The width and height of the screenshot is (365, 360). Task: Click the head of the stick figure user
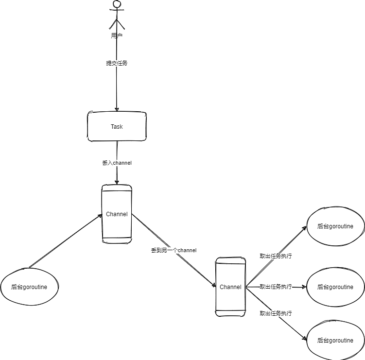tap(117, 4)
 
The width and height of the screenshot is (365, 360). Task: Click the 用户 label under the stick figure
tap(117, 35)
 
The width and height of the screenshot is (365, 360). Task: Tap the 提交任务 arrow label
tap(117, 63)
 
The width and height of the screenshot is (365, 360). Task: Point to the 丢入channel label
tap(117, 163)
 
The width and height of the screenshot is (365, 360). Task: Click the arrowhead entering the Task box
tap(117, 109)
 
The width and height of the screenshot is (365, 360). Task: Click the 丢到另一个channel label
tap(174, 250)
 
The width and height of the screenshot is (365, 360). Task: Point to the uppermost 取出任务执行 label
tap(276, 256)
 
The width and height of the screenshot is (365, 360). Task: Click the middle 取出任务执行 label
tap(276, 287)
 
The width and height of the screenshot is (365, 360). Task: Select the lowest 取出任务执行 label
tap(276, 313)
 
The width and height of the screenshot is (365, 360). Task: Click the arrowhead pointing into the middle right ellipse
tap(304, 287)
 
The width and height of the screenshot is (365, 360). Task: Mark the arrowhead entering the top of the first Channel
tap(117, 182)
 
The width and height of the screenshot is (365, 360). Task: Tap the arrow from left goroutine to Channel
tap(66, 241)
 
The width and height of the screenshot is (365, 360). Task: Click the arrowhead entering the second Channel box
tap(214, 285)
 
